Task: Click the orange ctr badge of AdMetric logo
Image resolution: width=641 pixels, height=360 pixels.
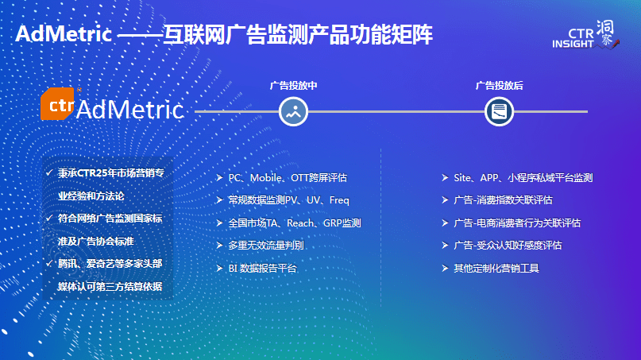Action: tap(57, 106)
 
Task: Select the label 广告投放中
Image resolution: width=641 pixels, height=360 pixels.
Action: tap(293, 85)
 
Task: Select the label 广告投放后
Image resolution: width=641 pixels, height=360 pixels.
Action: tap(499, 85)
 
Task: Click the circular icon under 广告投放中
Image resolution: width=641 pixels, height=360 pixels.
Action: tap(293, 111)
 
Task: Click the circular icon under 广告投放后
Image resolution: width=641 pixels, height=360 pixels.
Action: tap(499, 111)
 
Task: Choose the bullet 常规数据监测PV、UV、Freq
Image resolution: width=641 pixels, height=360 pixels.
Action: tap(288, 200)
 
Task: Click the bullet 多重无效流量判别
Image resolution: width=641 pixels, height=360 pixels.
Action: tap(266, 246)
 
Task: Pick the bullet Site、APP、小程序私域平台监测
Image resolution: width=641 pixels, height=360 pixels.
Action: tap(523, 178)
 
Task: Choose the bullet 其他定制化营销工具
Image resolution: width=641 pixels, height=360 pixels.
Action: tap(496, 269)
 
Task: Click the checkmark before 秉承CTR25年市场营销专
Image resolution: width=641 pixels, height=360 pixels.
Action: tap(49, 172)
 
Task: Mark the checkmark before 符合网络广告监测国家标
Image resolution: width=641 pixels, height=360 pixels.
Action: tap(49, 218)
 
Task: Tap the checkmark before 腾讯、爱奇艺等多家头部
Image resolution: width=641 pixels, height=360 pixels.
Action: tap(49, 263)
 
